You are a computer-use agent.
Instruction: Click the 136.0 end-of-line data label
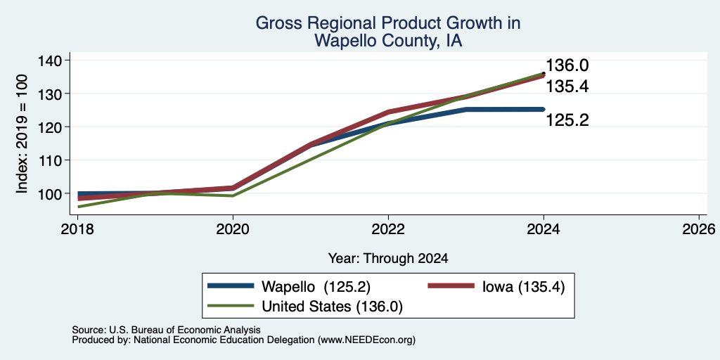(567, 65)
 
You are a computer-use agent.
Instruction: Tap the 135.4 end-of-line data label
(567, 86)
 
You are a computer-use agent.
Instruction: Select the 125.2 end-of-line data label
(567, 120)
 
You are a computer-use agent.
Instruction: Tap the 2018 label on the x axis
(78, 229)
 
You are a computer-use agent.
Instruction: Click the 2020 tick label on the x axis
(233, 229)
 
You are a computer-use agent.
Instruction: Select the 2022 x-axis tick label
(388, 229)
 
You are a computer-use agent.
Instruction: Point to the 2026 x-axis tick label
(699, 229)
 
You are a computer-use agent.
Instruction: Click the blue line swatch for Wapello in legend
(231, 286)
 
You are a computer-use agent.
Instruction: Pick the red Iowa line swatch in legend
(451, 286)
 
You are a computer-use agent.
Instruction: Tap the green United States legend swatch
(231, 306)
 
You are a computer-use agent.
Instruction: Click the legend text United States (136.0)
(332, 307)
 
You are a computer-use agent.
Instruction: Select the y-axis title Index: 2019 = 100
(22, 134)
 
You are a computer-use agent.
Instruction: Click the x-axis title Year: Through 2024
(388, 259)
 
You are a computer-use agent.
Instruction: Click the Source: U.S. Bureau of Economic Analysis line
(166, 330)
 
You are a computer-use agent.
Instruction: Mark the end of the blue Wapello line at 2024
(544, 109)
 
